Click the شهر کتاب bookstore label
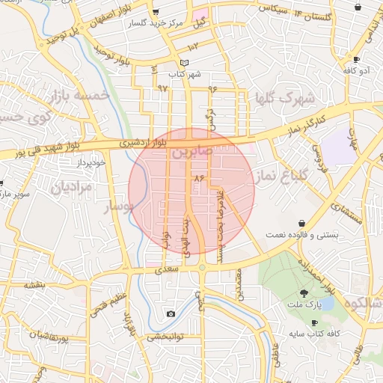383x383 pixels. click(x=186, y=75)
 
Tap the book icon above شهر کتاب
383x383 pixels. click(x=186, y=63)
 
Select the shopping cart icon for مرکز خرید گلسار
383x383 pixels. click(x=155, y=12)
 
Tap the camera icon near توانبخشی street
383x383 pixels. click(x=171, y=314)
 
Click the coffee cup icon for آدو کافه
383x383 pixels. click(x=357, y=59)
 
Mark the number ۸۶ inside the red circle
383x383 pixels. click(x=199, y=179)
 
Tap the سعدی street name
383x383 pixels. click(x=168, y=269)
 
